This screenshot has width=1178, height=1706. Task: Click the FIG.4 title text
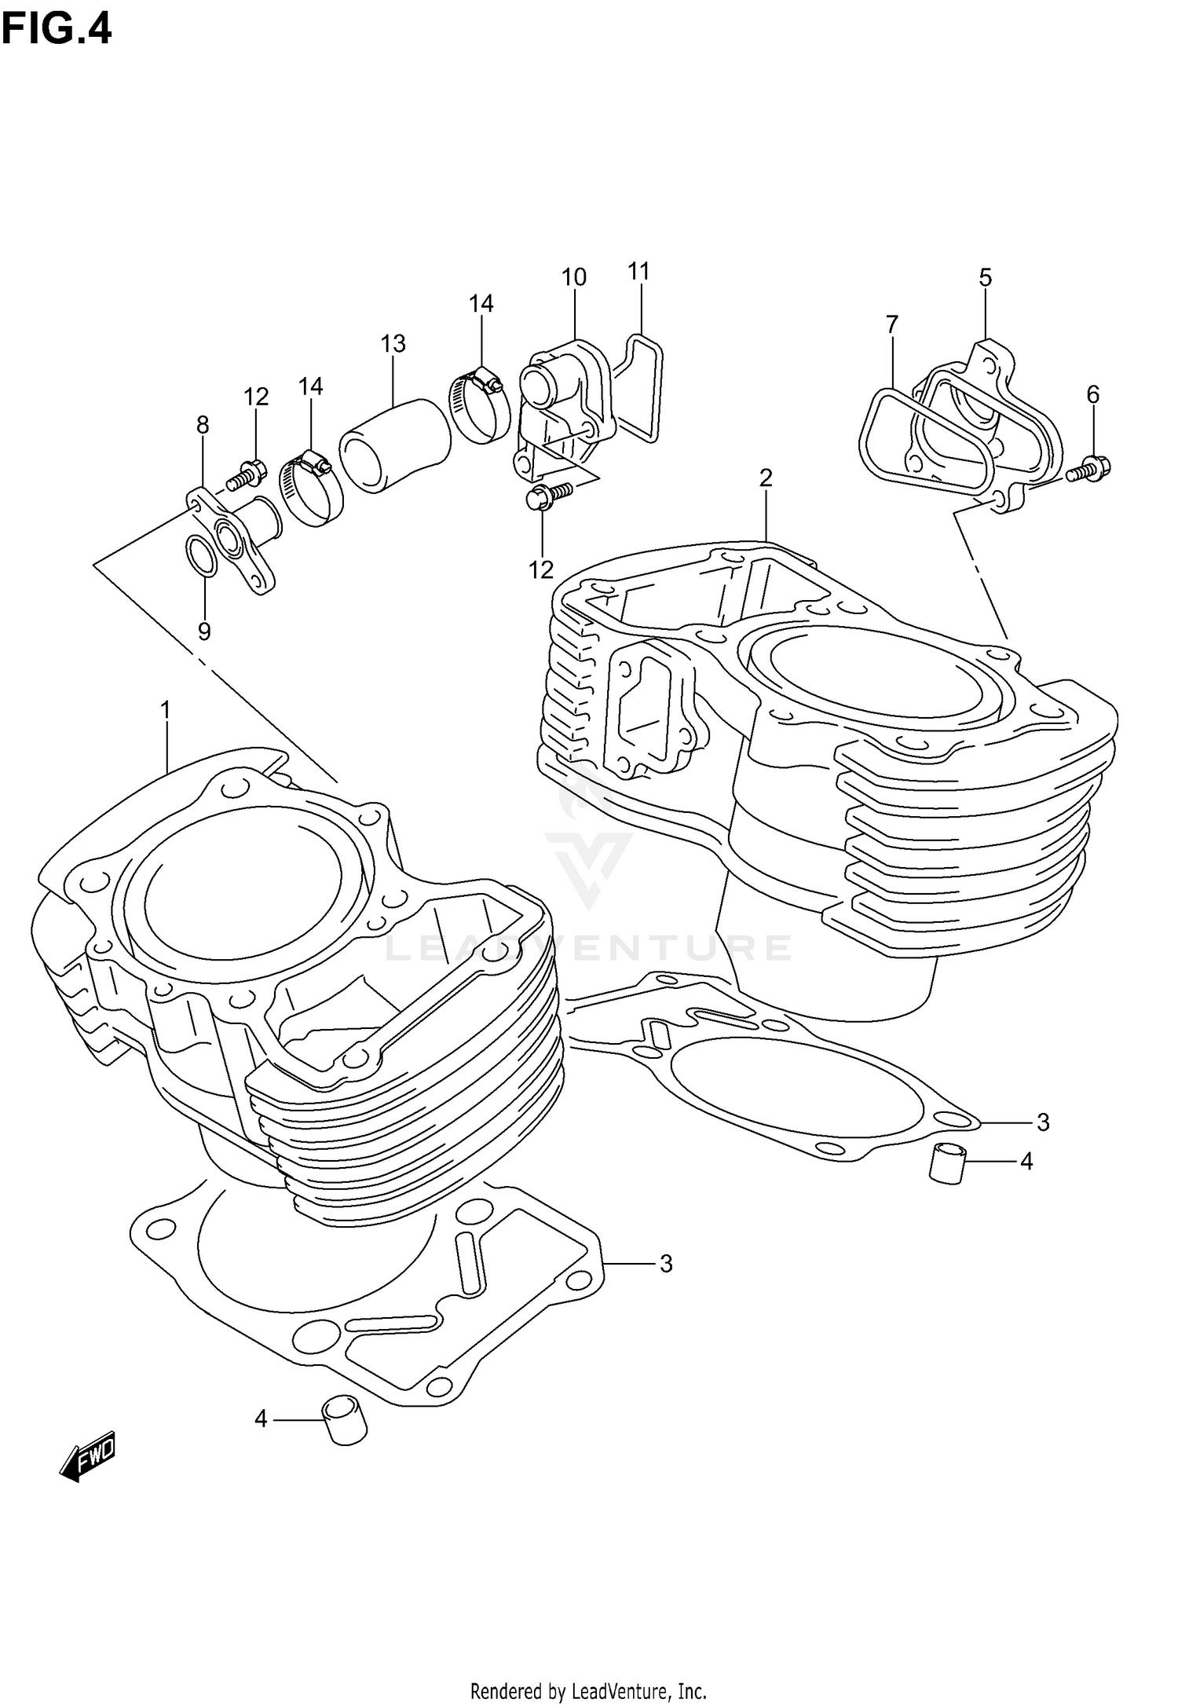[x=57, y=29]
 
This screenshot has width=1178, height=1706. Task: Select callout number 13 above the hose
[x=393, y=343]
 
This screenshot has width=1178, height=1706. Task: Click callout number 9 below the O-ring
[x=204, y=632]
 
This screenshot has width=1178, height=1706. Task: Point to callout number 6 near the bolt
[x=1092, y=394]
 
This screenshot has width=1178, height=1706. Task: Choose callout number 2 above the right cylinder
[x=766, y=477]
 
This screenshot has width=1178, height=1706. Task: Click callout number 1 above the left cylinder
[x=166, y=710]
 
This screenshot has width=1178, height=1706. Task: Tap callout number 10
[x=574, y=276]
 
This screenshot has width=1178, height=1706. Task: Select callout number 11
[x=639, y=271]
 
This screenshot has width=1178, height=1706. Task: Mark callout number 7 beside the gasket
[x=891, y=324]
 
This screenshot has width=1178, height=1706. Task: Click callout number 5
[x=985, y=276]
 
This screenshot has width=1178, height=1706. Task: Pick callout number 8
[x=203, y=425]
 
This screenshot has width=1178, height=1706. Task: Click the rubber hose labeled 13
[x=395, y=445]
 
